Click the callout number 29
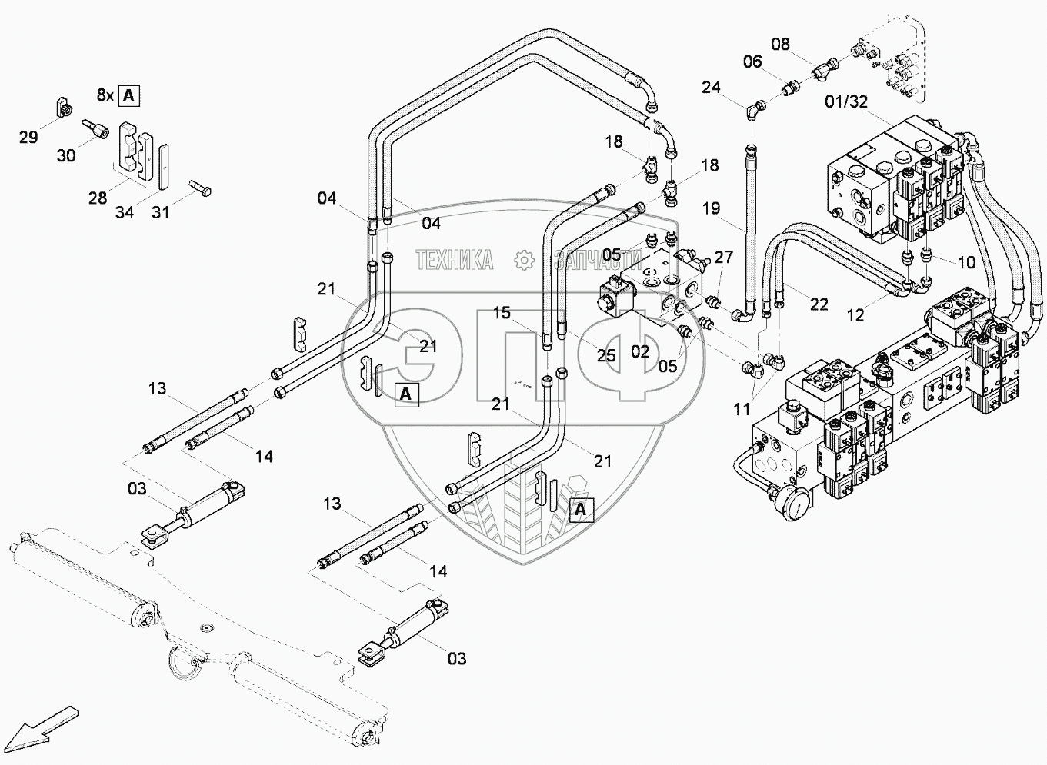click(28, 138)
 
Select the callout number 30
click(66, 155)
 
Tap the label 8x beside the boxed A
click(105, 95)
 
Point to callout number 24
click(711, 87)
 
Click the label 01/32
click(846, 101)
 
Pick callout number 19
click(711, 208)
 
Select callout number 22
click(819, 304)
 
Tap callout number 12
click(855, 315)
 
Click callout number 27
click(724, 257)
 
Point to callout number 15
click(502, 313)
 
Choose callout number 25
click(606, 354)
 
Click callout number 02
click(640, 352)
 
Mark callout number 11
click(741, 409)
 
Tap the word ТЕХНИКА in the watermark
click(454, 261)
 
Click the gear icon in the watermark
click(524, 261)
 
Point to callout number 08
click(780, 44)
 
